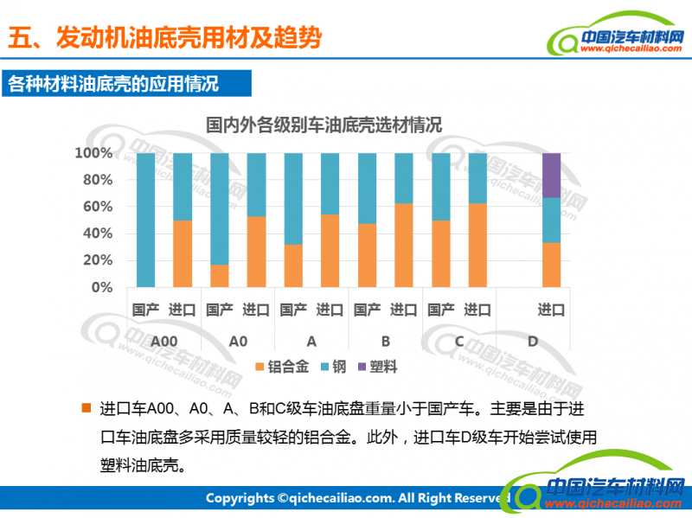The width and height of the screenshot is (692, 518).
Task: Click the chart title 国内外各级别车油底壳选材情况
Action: pyautogui.click(x=323, y=124)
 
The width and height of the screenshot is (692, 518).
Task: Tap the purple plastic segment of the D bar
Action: pyautogui.click(x=551, y=175)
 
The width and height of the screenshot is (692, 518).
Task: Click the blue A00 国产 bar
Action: pyautogui.click(x=145, y=220)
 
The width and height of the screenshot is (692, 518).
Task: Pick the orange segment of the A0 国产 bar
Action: pyautogui.click(x=220, y=275)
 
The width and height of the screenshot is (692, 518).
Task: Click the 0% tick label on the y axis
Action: pyautogui.click(x=101, y=287)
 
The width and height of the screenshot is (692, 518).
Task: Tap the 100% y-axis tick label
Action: pyautogui.click(x=94, y=153)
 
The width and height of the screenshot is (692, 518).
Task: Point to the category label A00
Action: pyautogui.click(x=163, y=342)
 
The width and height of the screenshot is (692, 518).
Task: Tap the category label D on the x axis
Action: pyautogui.click(x=533, y=342)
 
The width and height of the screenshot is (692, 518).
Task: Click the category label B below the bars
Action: pyautogui.click(x=386, y=342)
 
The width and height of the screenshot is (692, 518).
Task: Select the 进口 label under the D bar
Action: pyautogui.click(x=551, y=310)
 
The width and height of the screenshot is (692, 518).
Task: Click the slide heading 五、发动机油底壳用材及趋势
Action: pyautogui.click(x=164, y=37)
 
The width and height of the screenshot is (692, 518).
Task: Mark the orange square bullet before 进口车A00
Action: pyautogui.click(x=85, y=407)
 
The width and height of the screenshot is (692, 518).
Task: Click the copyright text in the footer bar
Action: pyautogui.click(x=355, y=498)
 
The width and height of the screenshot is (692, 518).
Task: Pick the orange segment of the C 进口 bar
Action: pyautogui.click(x=477, y=245)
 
